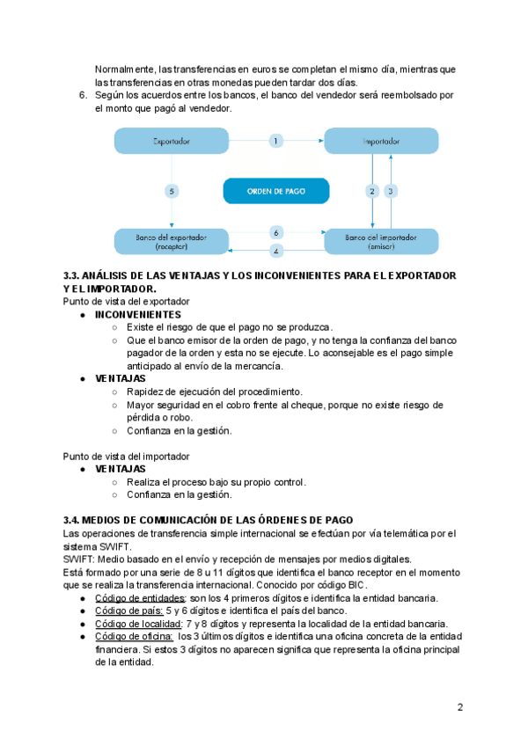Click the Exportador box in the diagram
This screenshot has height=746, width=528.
pos(171,141)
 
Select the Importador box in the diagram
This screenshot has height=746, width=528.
pos(380,141)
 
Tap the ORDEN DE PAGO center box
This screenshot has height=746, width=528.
pos(275,191)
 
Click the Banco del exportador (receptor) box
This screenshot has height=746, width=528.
pos(171,241)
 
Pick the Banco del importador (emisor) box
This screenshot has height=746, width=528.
pos(380,241)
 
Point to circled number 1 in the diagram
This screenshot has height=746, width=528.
pos(275,141)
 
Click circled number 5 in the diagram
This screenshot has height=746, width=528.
pos(172,191)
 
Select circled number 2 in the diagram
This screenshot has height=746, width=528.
pos(372,191)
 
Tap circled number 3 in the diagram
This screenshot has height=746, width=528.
pos(392,191)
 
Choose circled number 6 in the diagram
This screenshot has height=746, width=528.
pos(275,233)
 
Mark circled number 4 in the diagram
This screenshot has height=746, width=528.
pos(275,251)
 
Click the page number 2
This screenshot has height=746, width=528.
pos(459,707)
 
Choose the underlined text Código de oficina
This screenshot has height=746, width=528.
pos(133,636)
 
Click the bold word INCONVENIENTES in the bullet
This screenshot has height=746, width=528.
pos(137,314)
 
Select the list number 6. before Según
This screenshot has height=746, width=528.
pos(84,95)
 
